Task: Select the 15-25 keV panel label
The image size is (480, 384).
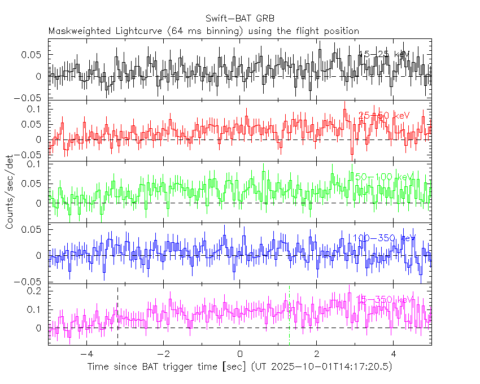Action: click(385, 54)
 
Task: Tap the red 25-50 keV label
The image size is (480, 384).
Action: click(384, 116)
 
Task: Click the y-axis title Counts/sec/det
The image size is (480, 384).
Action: click(10, 192)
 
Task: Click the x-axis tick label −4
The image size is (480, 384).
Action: click(86, 355)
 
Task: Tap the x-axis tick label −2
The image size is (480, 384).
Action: click(163, 355)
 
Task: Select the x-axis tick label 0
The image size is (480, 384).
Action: click(240, 355)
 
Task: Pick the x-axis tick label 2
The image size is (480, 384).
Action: click(316, 355)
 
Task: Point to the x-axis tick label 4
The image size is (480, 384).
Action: click(394, 355)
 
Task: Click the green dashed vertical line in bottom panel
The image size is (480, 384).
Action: click(289, 316)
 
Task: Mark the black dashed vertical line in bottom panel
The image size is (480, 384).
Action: click(117, 316)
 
